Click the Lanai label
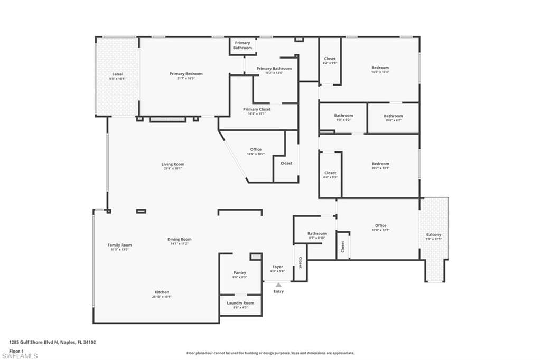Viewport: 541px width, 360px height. click(117, 74)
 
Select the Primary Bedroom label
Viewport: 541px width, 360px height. click(185, 74)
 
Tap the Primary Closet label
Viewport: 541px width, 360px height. click(257, 109)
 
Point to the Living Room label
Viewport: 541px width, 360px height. click(173, 164)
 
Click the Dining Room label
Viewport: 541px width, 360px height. click(179, 239)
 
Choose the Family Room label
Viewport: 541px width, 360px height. click(119, 245)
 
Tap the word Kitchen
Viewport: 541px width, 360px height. click(162, 292)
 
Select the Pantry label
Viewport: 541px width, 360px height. click(240, 273)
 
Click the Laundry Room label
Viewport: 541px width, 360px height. click(240, 303)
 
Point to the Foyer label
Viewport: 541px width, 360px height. click(278, 267)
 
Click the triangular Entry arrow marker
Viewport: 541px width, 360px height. click(278, 285)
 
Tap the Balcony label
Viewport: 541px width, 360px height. click(434, 235)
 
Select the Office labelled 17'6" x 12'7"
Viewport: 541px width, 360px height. click(380, 226)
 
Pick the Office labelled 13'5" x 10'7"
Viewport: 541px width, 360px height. click(256, 150)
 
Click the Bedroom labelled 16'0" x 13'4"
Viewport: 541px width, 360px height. click(380, 68)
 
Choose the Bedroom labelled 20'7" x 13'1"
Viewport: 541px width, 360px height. click(380, 164)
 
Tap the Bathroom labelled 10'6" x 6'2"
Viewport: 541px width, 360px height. click(393, 116)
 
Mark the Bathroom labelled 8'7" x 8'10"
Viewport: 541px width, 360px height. click(317, 233)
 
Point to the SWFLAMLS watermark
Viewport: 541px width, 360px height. click(20, 356)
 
